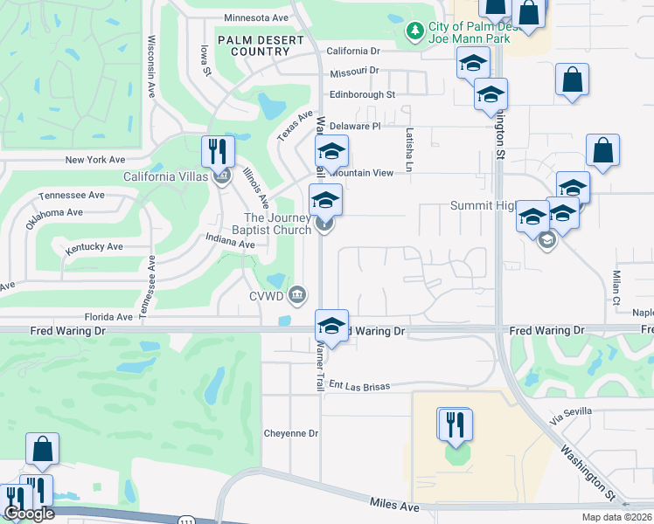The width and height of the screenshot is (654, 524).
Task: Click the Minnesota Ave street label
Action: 256,17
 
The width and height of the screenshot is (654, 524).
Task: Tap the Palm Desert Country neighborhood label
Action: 254,45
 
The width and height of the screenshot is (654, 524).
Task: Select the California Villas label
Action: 165,176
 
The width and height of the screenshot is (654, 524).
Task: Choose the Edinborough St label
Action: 362,94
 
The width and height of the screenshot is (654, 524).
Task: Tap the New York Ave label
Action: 95,160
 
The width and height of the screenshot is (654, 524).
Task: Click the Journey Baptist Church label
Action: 278,224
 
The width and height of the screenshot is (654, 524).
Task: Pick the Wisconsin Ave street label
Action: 151,66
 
